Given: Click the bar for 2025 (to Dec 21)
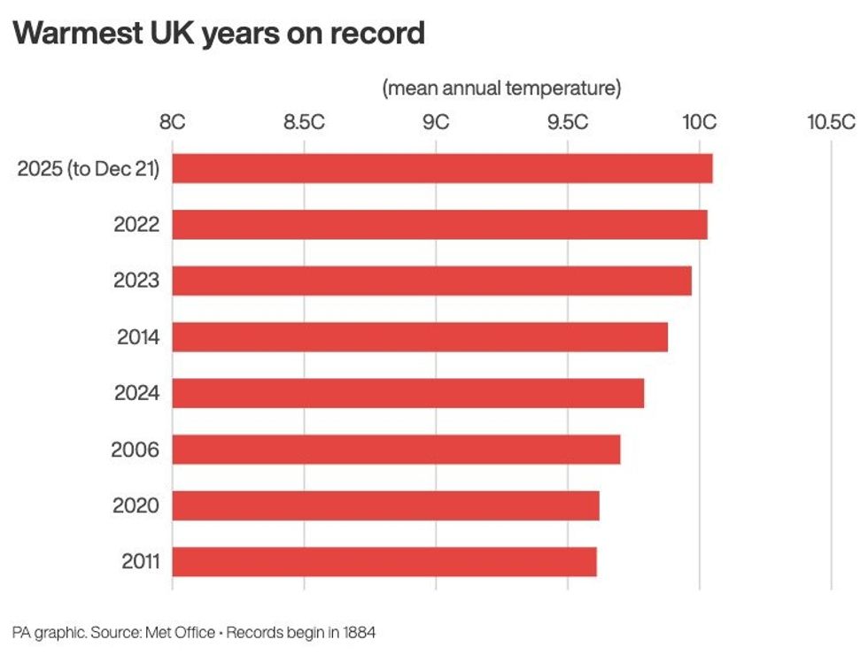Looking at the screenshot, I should point(441,168).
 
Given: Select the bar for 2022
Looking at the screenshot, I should point(439,225).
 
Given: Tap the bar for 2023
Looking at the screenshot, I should point(431,281).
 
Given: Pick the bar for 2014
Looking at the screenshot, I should point(420,337).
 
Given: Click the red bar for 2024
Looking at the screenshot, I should point(407,393).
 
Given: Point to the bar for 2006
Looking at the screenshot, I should point(396,450).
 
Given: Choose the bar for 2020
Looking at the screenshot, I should point(385,505).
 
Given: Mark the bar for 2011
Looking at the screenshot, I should point(384,562).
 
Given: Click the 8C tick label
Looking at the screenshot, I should point(172,122).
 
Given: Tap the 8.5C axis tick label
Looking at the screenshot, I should point(304,122).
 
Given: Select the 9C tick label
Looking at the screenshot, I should point(436,122).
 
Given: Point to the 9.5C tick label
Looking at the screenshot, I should point(568,122).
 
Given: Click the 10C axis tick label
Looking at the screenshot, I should point(699,122).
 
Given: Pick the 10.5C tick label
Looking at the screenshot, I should point(831,122).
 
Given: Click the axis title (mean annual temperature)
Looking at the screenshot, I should point(501,89).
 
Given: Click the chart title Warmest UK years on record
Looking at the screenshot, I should point(219,34).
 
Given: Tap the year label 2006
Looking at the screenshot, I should point(136,450).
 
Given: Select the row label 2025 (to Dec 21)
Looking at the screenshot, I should point(89,168).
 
